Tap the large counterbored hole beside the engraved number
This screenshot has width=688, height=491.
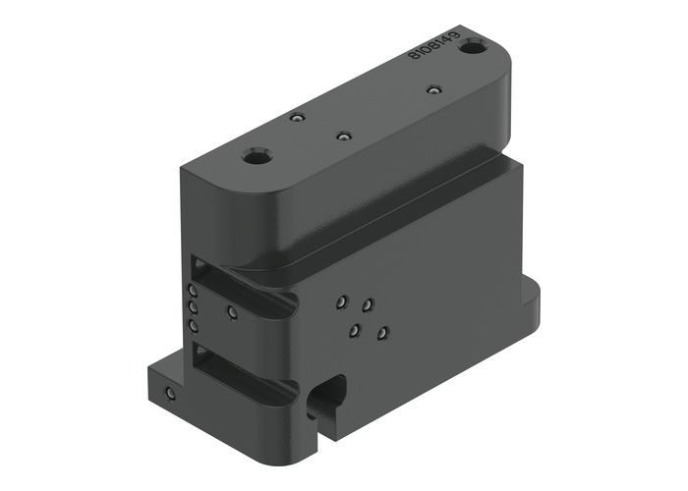[x=475, y=46]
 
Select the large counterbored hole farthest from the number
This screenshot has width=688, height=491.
[x=258, y=156]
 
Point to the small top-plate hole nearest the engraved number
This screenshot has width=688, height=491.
[x=431, y=91]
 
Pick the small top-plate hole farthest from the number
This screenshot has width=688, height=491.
[x=296, y=118]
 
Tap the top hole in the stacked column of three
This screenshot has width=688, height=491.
[x=194, y=292]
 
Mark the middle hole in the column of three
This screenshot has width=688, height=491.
[x=194, y=307]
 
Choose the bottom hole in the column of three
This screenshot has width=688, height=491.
[x=194, y=324]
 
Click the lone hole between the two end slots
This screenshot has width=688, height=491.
[x=232, y=313]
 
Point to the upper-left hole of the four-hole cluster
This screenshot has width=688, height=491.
[x=341, y=302]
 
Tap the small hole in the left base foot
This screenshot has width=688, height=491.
[x=171, y=395]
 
